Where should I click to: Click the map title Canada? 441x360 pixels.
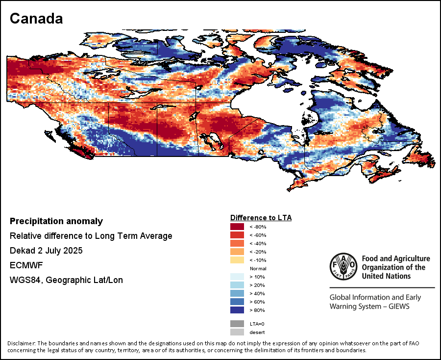[x=36, y=19]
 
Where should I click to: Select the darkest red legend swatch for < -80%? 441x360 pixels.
[x=237, y=227]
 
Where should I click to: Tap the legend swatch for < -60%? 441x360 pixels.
[x=237, y=235]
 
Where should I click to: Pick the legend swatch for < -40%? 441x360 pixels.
[x=237, y=243]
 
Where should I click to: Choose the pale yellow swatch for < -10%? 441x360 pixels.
[x=237, y=260]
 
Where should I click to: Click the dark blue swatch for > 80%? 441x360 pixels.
[x=237, y=310]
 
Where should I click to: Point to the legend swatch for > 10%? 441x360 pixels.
[x=237, y=277]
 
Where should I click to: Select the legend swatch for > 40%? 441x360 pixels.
[x=237, y=293]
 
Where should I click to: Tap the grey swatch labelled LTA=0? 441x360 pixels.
[x=237, y=324]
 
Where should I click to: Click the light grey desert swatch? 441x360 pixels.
[x=237, y=333]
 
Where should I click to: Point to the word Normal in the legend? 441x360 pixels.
[x=258, y=269]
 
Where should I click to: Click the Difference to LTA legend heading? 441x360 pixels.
[x=261, y=217]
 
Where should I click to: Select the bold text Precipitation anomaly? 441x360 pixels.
[x=56, y=221]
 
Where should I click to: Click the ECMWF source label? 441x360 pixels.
[x=24, y=265]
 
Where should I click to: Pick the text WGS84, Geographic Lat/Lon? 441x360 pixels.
[x=66, y=280]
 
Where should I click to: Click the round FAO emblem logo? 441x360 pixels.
[x=343, y=267]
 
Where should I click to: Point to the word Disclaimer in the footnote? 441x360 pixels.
[x=22, y=343]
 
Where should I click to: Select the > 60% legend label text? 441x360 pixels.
[x=257, y=302]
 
